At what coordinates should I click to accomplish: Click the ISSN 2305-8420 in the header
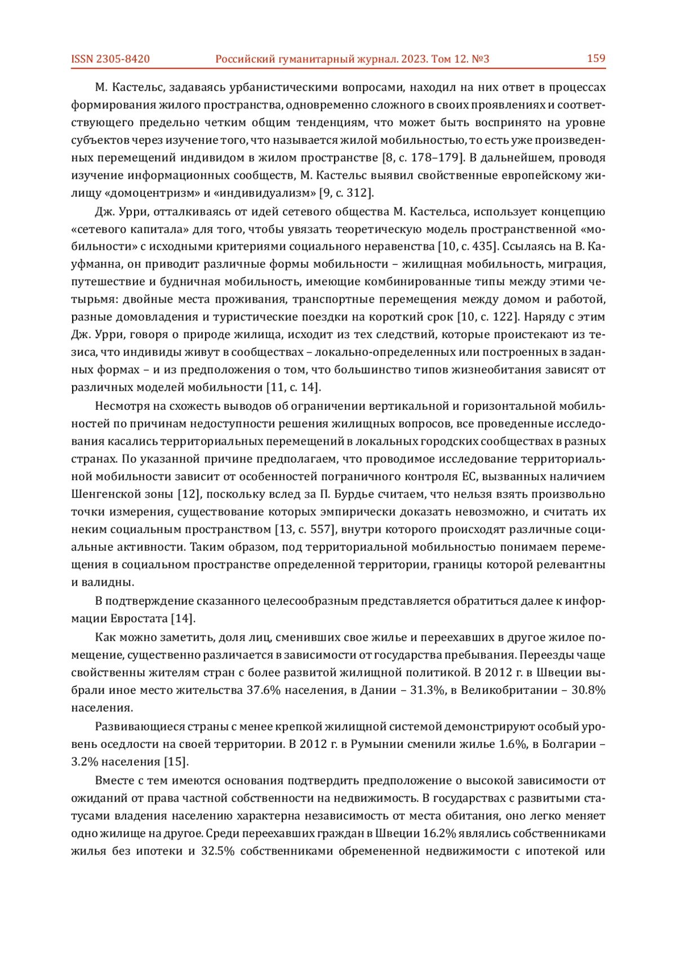tap(110, 59)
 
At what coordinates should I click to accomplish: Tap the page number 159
tap(596, 59)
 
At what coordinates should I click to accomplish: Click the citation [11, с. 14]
tap(293, 387)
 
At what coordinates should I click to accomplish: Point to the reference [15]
tap(176, 762)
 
